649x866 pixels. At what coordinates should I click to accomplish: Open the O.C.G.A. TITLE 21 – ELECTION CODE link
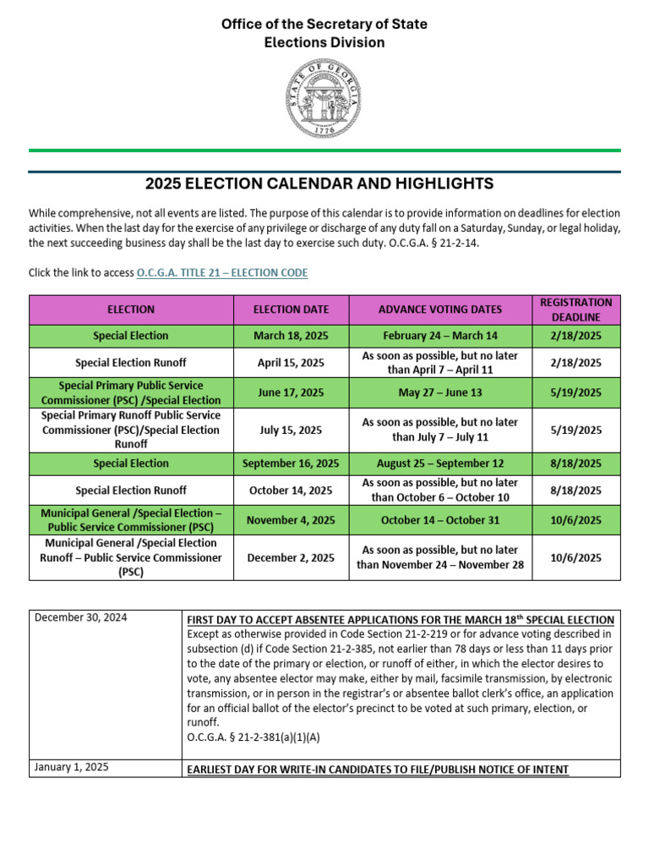tap(221, 272)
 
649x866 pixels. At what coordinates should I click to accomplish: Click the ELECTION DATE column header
tap(291, 310)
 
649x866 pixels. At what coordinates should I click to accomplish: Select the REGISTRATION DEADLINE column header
tap(575, 310)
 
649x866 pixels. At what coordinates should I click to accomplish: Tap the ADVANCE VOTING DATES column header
tap(439, 310)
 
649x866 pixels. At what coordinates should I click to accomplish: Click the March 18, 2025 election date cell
tap(291, 336)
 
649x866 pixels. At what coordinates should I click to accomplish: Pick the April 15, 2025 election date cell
tap(291, 363)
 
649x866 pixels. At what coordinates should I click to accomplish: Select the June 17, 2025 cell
tap(291, 392)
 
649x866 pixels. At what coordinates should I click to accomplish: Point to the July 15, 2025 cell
tap(291, 430)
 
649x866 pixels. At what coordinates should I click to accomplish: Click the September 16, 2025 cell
tap(291, 463)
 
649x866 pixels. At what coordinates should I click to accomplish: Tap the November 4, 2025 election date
tap(291, 520)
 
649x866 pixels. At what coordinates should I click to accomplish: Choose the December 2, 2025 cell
tap(291, 557)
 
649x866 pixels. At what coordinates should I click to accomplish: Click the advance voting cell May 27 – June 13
tap(439, 392)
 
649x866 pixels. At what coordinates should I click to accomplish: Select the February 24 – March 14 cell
tap(439, 336)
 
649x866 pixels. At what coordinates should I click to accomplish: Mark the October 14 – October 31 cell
tap(439, 520)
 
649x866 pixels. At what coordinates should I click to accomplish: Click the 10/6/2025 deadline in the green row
tap(575, 520)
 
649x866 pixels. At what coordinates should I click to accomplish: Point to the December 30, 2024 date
tap(81, 618)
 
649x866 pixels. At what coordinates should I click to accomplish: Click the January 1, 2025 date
tap(72, 768)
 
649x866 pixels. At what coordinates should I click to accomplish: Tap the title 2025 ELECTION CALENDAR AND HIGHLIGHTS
tap(319, 184)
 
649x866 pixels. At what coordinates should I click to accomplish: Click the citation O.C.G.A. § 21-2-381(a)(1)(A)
tap(253, 737)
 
